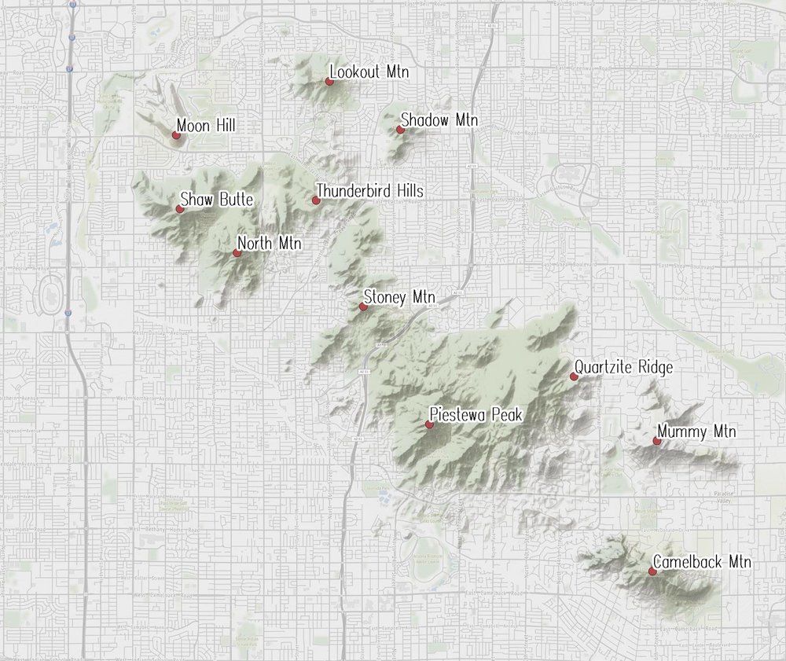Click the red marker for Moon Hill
tap(176, 135)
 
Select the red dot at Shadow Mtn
tap(400, 130)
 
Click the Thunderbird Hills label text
tap(369, 191)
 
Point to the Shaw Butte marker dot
tap(180, 209)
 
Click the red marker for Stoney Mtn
tap(363, 307)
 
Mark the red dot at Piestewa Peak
tap(429, 424)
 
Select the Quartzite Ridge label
tap(623, 367)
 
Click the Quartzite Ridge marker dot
tap(574, 377)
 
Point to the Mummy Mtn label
tap(696, 431)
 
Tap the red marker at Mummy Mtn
tap(656, 442)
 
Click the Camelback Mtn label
tap(702, 562)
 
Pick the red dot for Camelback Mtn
tap(652, 571)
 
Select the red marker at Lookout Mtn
tap(329, 81)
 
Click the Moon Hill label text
tap(206, 126)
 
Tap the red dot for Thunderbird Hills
tap(316, 200)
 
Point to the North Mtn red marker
tap(237, 253)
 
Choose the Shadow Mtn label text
tap(439, 120)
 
